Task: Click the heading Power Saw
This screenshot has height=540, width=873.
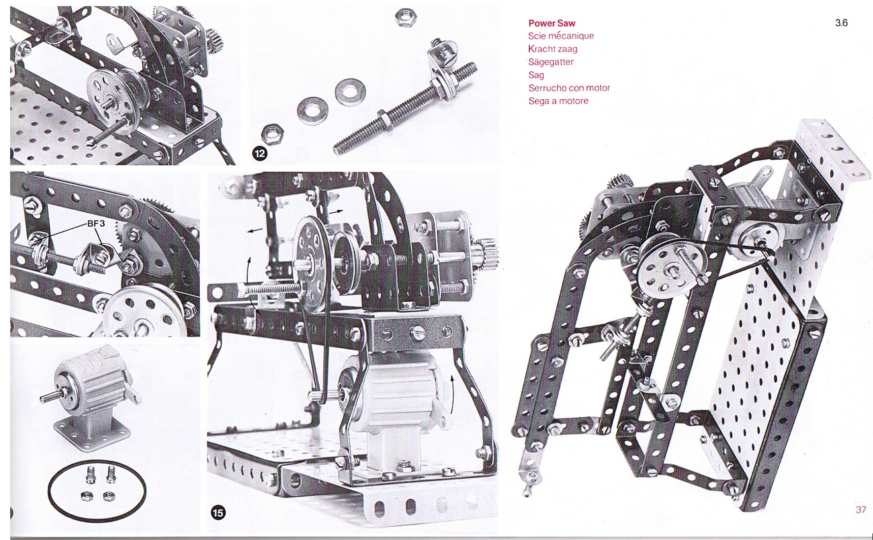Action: click(552, 23)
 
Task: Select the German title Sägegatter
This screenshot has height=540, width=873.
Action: click(551, 62)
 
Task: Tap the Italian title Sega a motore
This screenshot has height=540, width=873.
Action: click(558, 101)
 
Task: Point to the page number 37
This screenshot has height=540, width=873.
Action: click(860, 509)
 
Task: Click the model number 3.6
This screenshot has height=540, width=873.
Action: click(841, 22)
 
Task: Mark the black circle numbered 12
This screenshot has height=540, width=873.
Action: click(260, 153)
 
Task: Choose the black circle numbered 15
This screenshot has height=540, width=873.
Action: click(218, 512)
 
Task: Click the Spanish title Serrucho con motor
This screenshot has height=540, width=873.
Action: click(569, 88)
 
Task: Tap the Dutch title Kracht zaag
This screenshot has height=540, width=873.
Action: click(553, 49)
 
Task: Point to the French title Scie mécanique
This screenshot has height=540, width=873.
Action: click(561, 36)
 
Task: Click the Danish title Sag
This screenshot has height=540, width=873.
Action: click(536, 75)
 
